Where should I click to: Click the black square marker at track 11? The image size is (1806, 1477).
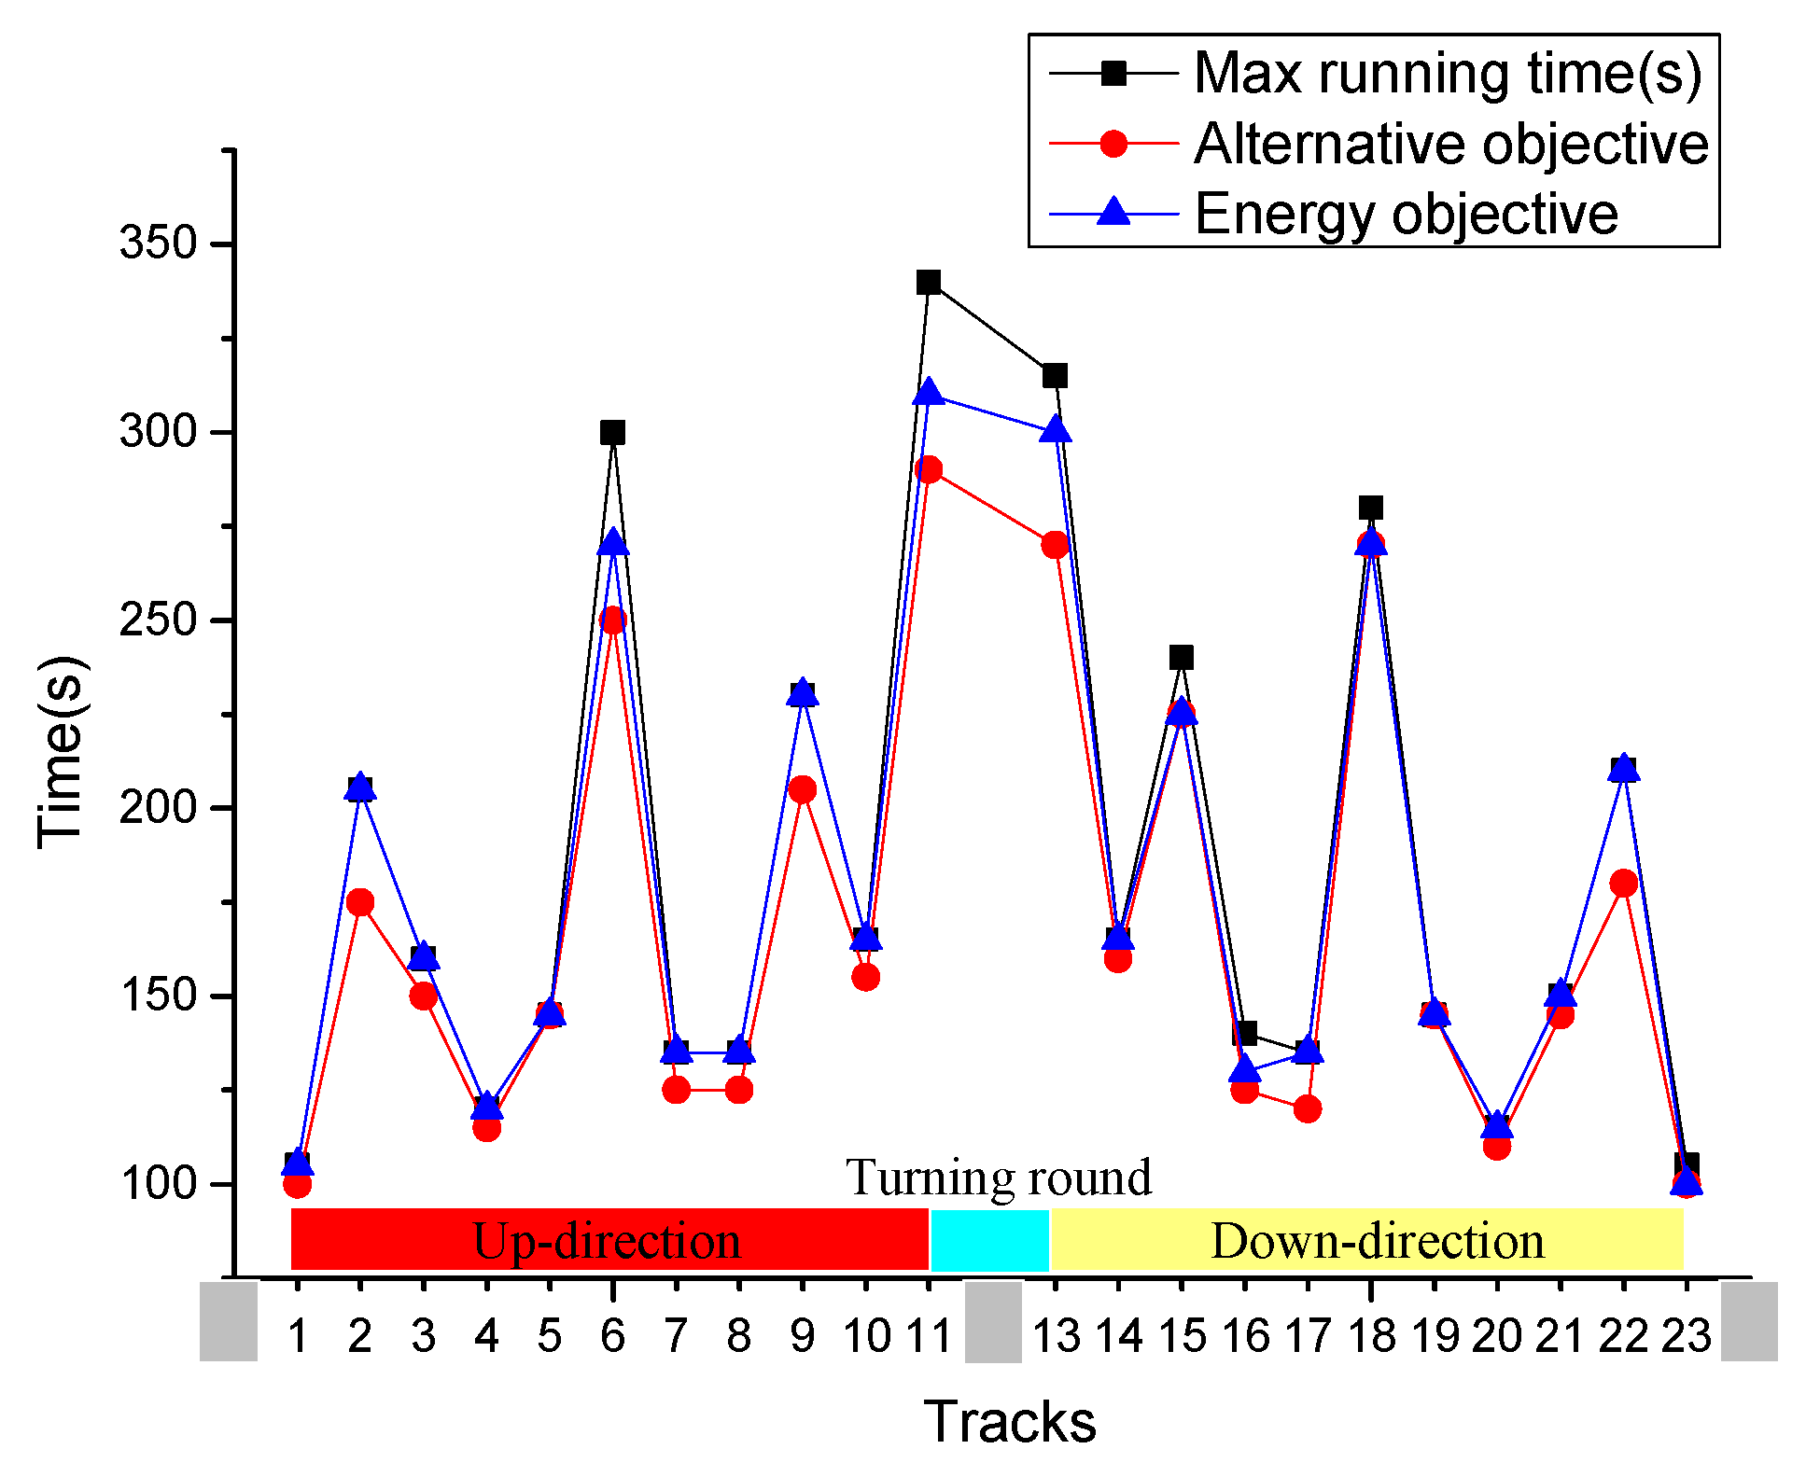928,282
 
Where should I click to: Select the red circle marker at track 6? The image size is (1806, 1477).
612,620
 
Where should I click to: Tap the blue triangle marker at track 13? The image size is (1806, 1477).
1056,431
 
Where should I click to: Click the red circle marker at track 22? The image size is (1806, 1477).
1623,883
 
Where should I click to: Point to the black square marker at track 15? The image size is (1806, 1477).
1181,657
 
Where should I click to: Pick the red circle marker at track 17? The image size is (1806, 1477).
1308,1108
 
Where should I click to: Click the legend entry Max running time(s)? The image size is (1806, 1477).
1447,73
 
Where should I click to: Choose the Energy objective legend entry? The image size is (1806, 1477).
1405,215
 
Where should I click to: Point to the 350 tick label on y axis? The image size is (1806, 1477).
158,244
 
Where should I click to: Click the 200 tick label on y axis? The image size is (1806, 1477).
158,807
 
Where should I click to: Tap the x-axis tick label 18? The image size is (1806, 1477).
1371,1336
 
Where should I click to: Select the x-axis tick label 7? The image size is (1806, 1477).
676,1336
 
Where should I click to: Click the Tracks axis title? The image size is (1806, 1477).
1010,1422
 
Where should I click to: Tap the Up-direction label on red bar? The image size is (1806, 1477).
607,1241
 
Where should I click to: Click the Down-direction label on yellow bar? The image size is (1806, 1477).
1377,1241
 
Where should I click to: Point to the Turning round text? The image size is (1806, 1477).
999,1177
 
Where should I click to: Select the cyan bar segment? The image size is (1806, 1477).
989,1241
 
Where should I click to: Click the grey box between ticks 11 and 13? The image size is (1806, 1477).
993,1321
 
